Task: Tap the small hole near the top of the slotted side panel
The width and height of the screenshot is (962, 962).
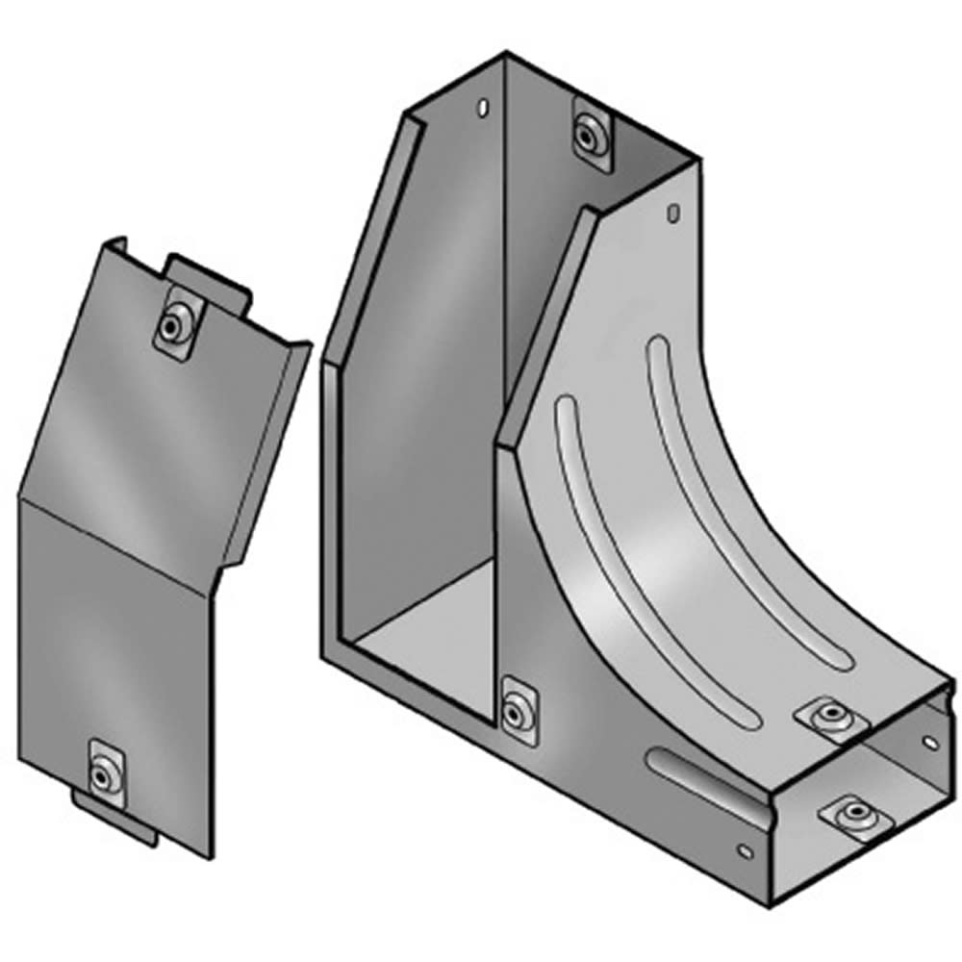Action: tap(674, 211)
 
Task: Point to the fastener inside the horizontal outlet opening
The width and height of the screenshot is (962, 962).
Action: tap(850, 816)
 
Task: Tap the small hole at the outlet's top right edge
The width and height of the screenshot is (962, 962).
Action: tap(930, 742)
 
